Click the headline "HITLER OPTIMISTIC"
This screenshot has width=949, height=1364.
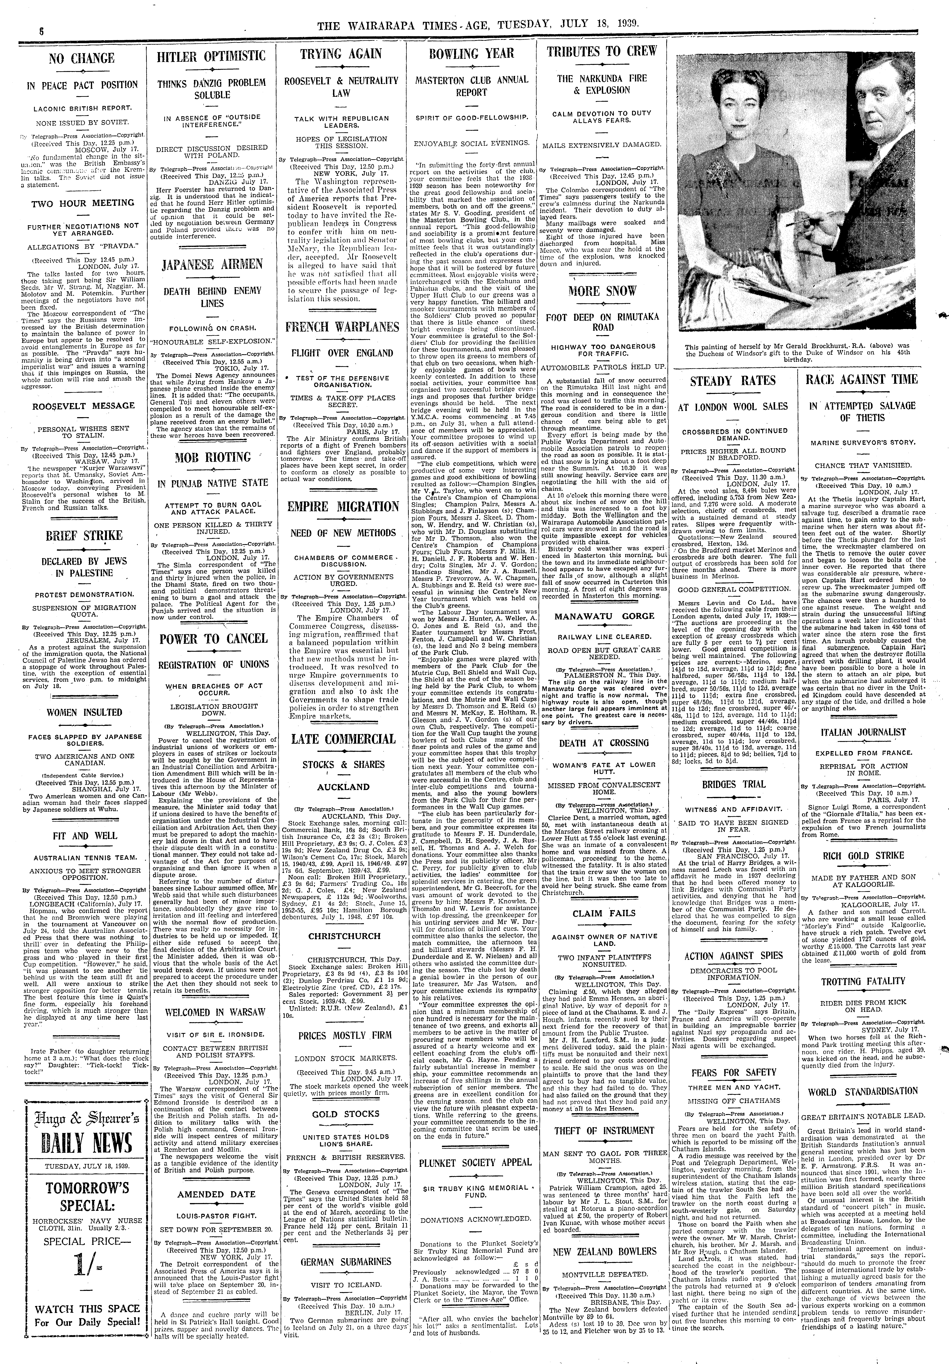[211, 56]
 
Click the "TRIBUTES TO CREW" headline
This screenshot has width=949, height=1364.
[602, 52]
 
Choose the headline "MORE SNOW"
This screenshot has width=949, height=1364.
[602, 291]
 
